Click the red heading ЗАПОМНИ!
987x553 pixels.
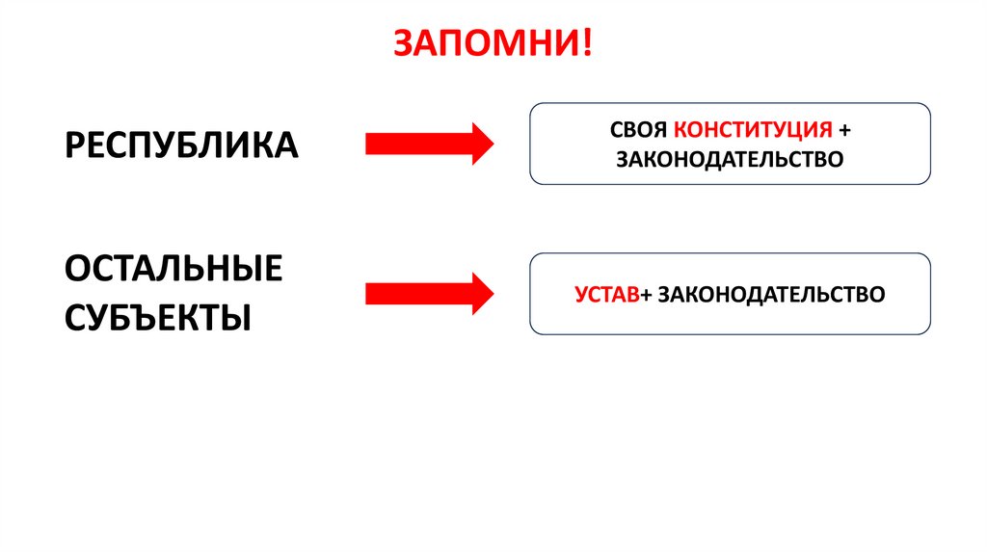click(493, 43)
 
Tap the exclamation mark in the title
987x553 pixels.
click(588, 43)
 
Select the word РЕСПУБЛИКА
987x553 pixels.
click(181, 145)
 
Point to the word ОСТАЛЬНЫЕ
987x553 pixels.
click(173, 269)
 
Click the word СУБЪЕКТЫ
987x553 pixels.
click(158, 316)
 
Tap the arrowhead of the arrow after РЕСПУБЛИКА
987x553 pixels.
click(480, 144)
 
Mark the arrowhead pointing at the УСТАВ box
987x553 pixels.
click(480, 291)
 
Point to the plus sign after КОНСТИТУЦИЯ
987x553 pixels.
click(845, 129)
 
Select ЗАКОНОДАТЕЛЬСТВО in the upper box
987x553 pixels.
click(730, 158)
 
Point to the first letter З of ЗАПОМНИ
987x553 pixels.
click(404, 43)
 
